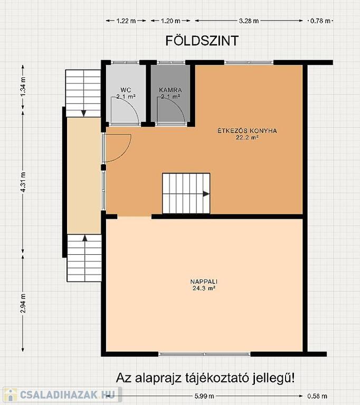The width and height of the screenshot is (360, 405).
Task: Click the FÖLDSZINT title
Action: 202,41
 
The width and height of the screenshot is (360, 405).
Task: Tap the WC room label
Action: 126,90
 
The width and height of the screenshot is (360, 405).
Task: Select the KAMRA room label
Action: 170,90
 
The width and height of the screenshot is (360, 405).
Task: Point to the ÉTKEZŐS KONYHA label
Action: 247,131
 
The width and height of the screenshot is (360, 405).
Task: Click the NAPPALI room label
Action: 204,282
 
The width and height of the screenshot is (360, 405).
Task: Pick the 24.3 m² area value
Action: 204,288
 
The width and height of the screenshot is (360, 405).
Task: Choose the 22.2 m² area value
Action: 247,137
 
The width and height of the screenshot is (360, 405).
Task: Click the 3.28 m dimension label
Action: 249,21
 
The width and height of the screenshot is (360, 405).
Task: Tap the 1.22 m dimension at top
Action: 126,21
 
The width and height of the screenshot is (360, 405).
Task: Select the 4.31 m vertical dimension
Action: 23,182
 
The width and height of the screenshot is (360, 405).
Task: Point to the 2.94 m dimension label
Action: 23,303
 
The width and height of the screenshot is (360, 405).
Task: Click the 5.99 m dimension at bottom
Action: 204,396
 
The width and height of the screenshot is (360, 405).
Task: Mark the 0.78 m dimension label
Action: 320,21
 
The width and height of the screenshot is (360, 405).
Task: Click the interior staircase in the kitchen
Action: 186,194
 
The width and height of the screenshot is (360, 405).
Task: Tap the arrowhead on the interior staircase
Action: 206,194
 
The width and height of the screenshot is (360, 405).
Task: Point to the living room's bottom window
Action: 204,354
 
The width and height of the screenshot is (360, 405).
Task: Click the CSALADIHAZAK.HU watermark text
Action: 67,394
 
